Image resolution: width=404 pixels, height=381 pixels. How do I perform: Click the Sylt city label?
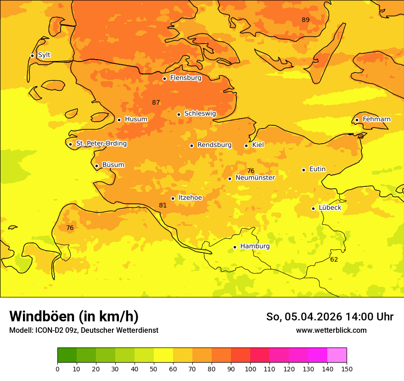click(44, 55)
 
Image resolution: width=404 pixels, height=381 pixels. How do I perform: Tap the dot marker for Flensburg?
click(164, 78)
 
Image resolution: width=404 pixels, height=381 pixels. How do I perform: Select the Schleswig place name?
click(200, 113)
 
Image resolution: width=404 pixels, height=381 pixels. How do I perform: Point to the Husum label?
click(136, 119)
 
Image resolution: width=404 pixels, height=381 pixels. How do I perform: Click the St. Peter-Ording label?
click(101, 144)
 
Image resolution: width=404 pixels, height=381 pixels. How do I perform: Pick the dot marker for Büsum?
click(96, 166)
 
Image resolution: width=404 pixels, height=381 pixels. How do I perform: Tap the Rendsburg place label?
click(214, 145)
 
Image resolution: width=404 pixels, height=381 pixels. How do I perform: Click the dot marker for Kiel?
click(246, 146)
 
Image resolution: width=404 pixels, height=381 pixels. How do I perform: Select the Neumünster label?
click(255, 178)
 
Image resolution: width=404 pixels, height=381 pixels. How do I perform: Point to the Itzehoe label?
click(190, 198)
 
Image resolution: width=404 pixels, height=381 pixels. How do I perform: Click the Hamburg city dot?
click(235, 247)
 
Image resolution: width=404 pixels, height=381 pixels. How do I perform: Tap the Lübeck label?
click(330, 207)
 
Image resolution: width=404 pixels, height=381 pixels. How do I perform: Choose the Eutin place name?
click(317, 169)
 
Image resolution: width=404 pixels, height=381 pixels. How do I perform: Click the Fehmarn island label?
click(376, 119)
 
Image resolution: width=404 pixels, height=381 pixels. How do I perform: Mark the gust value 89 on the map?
click(305, 20)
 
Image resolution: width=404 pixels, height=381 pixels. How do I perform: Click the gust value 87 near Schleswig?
click(156, 102)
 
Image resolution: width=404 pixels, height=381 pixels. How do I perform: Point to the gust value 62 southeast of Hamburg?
click(334, 259)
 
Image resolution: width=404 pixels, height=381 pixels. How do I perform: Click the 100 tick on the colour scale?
click(250, 369)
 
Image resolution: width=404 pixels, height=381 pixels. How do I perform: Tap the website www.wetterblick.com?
click(331, 330)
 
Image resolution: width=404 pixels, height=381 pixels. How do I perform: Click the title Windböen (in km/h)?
click(73, 316)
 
